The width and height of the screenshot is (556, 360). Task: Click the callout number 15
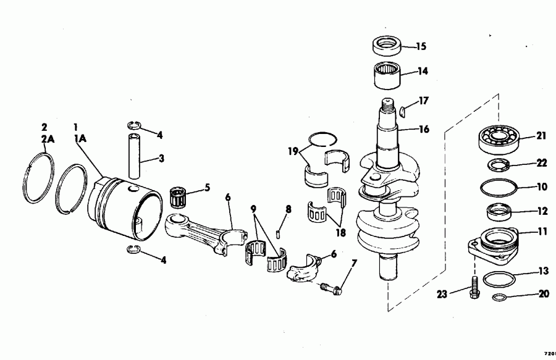click(421, 46)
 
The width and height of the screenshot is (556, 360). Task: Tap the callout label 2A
click(48, 140)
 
